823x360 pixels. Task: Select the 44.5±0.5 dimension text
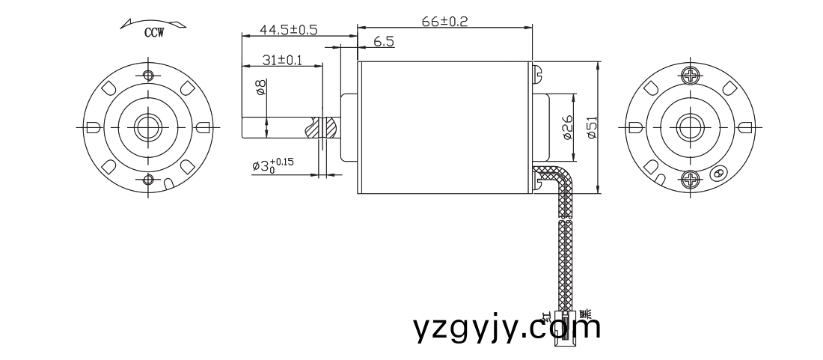click(x=288, y=29)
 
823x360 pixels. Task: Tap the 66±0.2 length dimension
click(x=444, y=22)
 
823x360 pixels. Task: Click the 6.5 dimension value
click(x=383, y=42)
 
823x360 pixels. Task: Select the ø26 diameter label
click(x=566, y=128)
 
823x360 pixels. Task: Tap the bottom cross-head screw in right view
click(x=691, y=179)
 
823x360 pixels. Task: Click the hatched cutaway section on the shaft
click(x=328, y=127)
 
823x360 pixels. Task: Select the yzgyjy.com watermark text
click(x=507, y=327)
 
